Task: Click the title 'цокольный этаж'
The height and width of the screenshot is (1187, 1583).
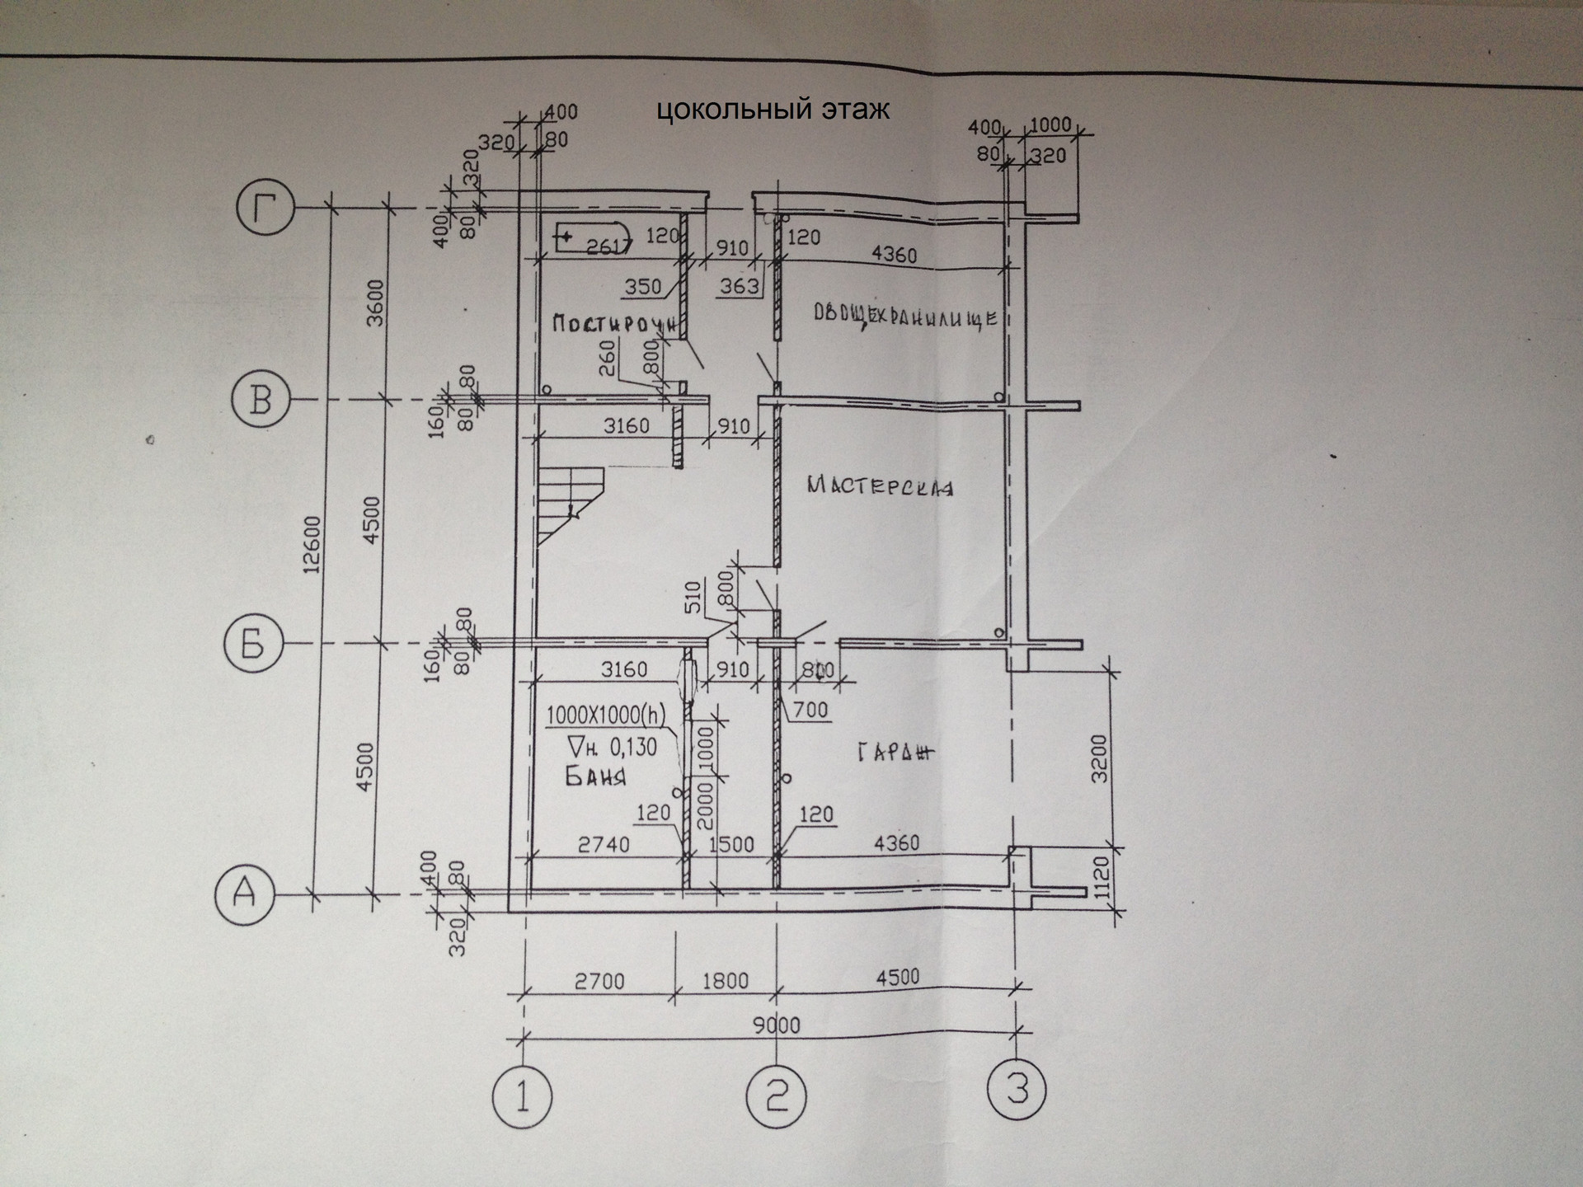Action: click(773, 110)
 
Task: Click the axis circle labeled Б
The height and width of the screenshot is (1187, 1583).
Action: click(253, 645)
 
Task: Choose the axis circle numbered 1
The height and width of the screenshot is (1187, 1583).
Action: click(522, 1097)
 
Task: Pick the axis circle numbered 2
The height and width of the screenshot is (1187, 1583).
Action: click(775, 1096)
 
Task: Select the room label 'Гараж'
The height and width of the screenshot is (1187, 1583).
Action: click(895, 752)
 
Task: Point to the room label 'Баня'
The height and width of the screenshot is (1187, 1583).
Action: click(595, 776)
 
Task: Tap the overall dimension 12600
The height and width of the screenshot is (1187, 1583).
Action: click(312, 544)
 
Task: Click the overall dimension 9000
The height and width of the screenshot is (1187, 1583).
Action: click(777, 1025)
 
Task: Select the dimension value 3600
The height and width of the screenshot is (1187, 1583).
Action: click(375, 303)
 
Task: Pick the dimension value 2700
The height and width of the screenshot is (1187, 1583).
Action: click(599, 981)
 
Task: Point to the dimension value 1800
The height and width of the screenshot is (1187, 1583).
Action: click(726, 980)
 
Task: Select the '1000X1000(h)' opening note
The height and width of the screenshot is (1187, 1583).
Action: click(606, 714)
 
